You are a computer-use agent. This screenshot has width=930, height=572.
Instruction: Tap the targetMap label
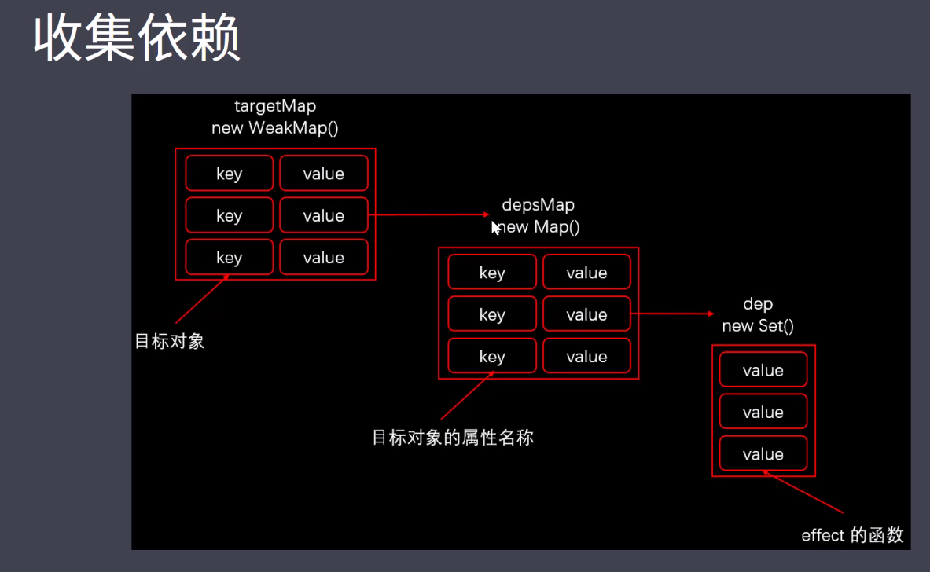(275, 105)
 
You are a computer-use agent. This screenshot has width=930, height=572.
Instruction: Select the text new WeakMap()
(275, 127)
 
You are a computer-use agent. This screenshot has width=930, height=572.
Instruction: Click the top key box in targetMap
(230, 174)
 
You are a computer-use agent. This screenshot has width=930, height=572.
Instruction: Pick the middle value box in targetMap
(324, 215)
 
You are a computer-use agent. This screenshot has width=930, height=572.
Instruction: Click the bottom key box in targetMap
(230, 258)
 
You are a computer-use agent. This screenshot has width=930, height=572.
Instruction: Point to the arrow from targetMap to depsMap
(428, 214)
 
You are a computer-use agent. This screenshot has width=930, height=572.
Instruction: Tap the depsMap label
(539, 205)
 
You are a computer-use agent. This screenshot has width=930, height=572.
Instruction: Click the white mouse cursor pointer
(496, 228)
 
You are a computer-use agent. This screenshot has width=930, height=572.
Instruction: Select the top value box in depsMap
(586, 273)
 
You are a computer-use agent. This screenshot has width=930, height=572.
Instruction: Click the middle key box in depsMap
(492, 314)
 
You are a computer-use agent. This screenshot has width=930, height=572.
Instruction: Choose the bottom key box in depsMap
(492, 356)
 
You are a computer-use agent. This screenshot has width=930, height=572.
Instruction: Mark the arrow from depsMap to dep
(672, 313)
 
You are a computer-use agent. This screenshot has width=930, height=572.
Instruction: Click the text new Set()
(758, 325)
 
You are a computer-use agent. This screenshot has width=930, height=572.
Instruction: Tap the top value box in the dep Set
(763, 370)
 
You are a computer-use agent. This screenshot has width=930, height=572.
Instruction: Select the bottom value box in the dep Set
(763, 454)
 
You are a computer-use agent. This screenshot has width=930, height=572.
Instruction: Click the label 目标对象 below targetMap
(170, 341)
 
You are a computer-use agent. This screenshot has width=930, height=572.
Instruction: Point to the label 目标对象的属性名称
(453, 437)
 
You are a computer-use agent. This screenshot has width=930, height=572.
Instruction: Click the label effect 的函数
(852, 536)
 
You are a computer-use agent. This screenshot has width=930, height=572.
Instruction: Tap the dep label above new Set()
(758, 304)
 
